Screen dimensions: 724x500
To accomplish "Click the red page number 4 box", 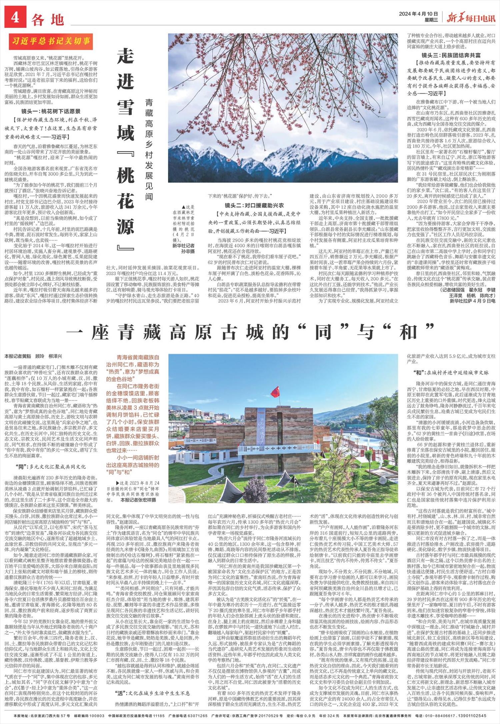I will pos(15,18).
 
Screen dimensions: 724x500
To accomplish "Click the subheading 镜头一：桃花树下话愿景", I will pos(51,111).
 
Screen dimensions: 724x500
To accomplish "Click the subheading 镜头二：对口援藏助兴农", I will pos(254,206).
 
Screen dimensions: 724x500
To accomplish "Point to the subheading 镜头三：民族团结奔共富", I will pos(451,55).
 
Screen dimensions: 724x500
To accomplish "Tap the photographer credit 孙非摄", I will pos(188,252).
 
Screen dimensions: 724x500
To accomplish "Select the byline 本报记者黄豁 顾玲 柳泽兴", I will pos(33,356).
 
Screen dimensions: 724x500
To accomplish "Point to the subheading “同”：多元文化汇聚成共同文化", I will pos(51,467).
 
